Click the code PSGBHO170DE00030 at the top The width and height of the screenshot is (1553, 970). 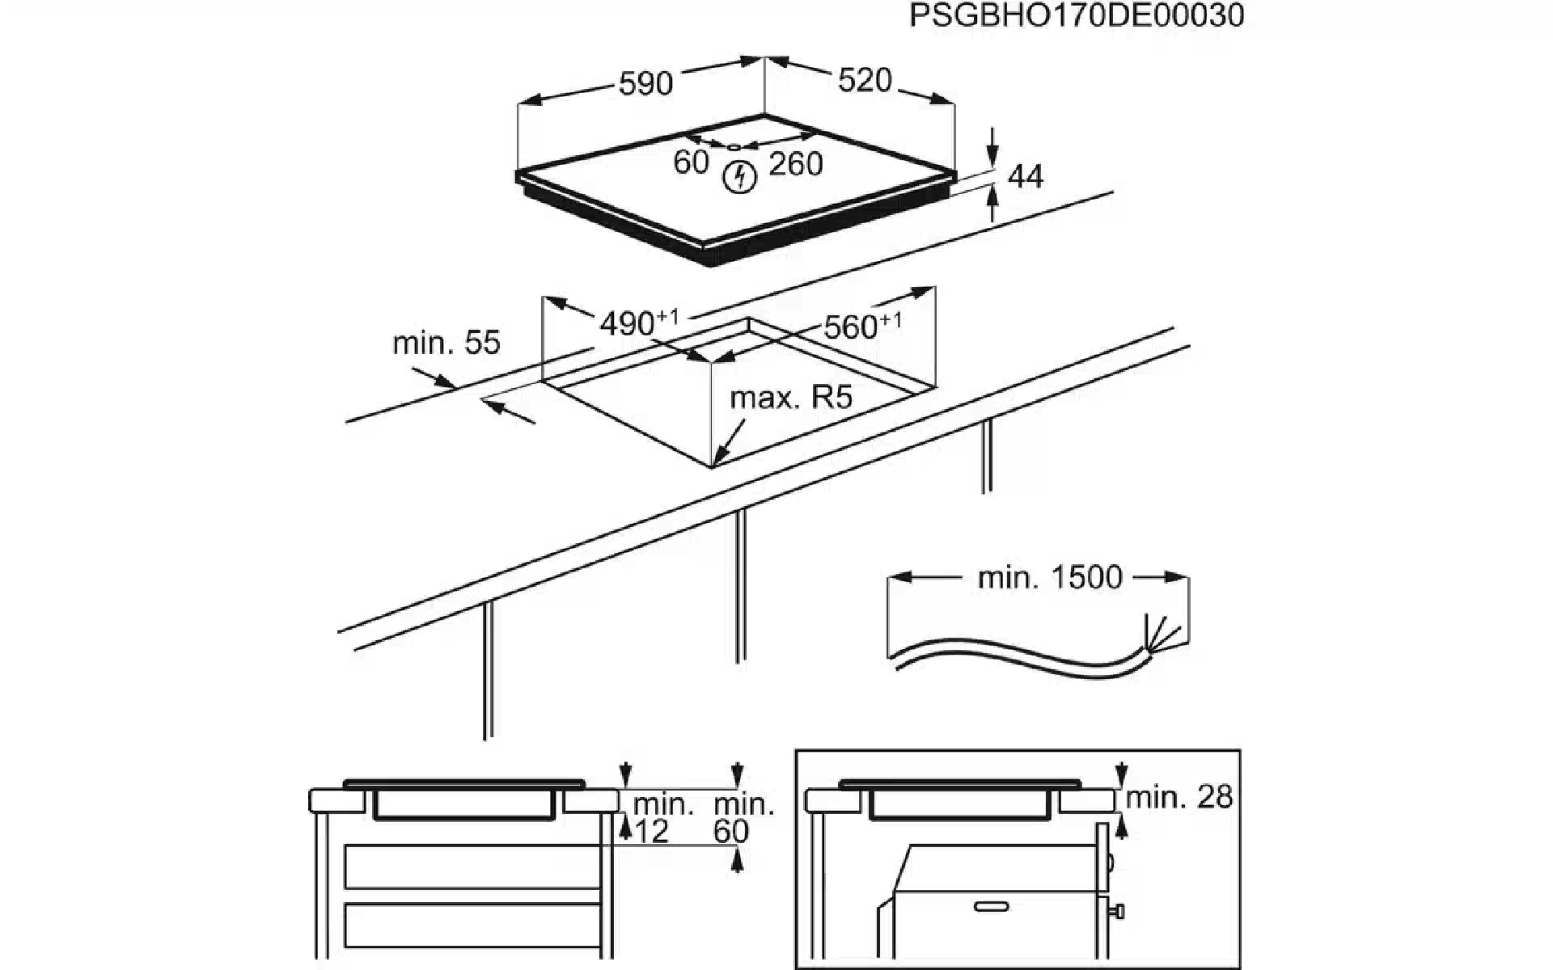click(x=1076, y=16)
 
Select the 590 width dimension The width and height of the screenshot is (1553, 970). click(x=645, y=83)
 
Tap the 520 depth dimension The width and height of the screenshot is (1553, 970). click(x=865, y=80)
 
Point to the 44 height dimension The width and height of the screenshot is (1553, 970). click(x=1026, y=176)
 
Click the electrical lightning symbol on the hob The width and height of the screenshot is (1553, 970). click(x=739, y=177)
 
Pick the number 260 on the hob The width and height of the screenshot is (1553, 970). click(x=796, y=164)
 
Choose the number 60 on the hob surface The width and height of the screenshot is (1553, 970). click(x=691, y=162)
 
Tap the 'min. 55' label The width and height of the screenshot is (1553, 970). click(x=446, y=343)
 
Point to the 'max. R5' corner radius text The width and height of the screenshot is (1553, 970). click(x=791, y=398)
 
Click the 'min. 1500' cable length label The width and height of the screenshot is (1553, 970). click(x=1050, y=577)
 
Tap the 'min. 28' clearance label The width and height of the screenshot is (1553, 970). click(x=1179, y=798)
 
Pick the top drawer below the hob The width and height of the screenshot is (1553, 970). click(x=472, y=867)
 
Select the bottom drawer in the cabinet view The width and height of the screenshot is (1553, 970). click(x=472, y=930)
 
